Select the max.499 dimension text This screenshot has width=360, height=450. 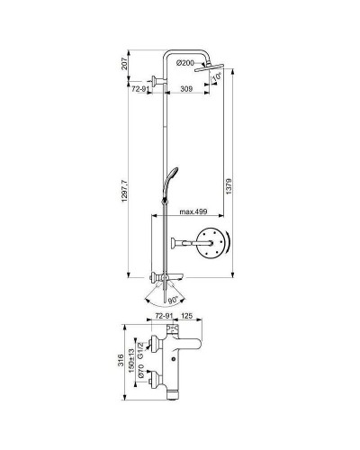point(194,211)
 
